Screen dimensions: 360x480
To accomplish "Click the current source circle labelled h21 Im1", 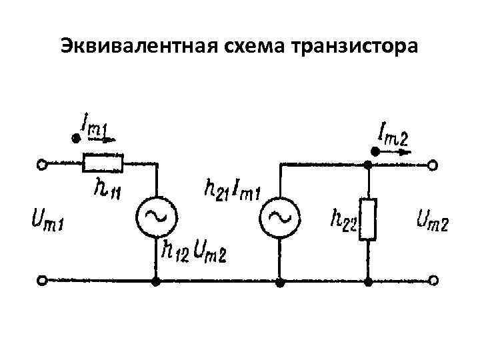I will pos(279,216).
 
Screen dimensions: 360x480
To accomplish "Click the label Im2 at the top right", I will pos(393,135).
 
